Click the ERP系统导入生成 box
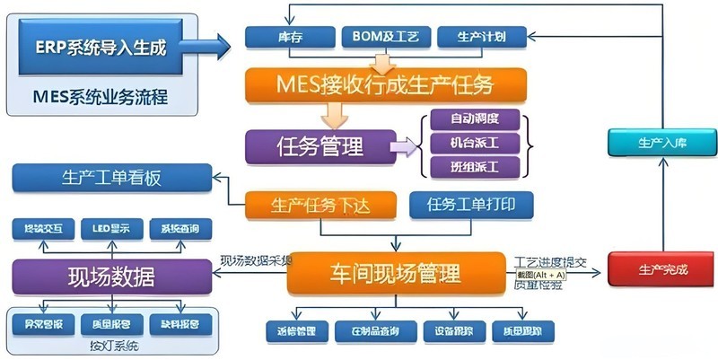coord(101,48)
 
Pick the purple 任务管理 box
coord(319,145)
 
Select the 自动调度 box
coord(475,119)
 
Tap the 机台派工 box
coord(475,143)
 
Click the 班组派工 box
coord(475,167)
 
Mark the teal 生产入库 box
coord(661,143)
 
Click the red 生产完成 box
coord(662,268)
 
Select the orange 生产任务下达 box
coord(320,206)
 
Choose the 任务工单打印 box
coord(470,205)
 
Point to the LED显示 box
coord(111,229)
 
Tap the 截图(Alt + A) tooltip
coord(540,275)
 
